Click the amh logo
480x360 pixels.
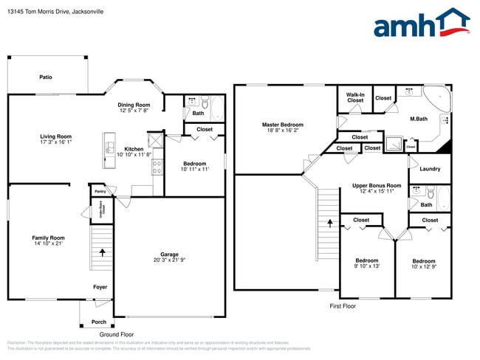(x=421, y=24)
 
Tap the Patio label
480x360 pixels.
(x=46, y=77)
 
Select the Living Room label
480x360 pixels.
(x=55, y=136)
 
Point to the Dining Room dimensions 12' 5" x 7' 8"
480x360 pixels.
(x=134, y=111)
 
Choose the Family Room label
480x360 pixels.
(x=48, y=238)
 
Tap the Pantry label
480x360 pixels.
(x=100, y=191)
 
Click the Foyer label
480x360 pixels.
(x=100, y=286)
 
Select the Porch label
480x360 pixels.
(x=98, y=322)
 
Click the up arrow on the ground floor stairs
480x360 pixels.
(x=102, y=252)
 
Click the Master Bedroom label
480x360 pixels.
(x=283, y=125)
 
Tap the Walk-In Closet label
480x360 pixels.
(x=355, y=97)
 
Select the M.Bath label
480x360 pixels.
(x=419, y=119)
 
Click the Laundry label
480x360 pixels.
(x=430, y=170)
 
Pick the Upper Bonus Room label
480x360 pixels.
(x=376, y=185)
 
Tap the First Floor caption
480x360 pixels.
(x=343, y=305)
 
